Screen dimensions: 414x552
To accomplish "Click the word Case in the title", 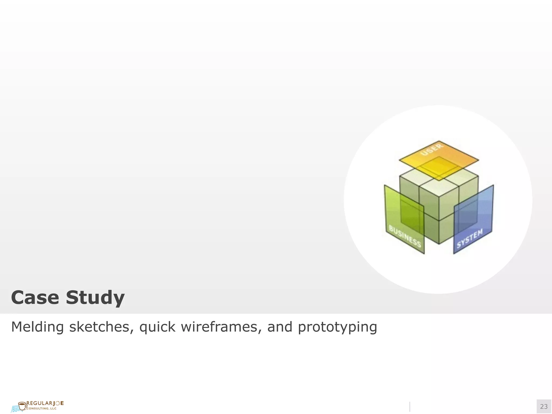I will point(35,298).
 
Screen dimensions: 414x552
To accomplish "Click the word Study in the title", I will point(95,298).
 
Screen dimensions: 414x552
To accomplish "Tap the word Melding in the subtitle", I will point(37,327).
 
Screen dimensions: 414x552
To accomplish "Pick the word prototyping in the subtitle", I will point(337,327).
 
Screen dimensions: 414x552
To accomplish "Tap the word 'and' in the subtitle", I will point(280,327).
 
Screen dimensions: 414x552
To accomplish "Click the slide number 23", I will point(544,406).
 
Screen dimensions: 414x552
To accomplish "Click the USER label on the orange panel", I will point(432,149).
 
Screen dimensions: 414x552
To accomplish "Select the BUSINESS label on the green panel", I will point(405,236).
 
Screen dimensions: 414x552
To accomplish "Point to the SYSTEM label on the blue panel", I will point(470,238).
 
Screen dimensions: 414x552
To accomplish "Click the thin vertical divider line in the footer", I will point(410,406).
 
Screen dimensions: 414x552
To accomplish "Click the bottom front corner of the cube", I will point(439,244).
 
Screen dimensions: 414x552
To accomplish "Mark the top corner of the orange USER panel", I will point(439,141).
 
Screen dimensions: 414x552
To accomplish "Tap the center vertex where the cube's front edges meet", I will point(439,197).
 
